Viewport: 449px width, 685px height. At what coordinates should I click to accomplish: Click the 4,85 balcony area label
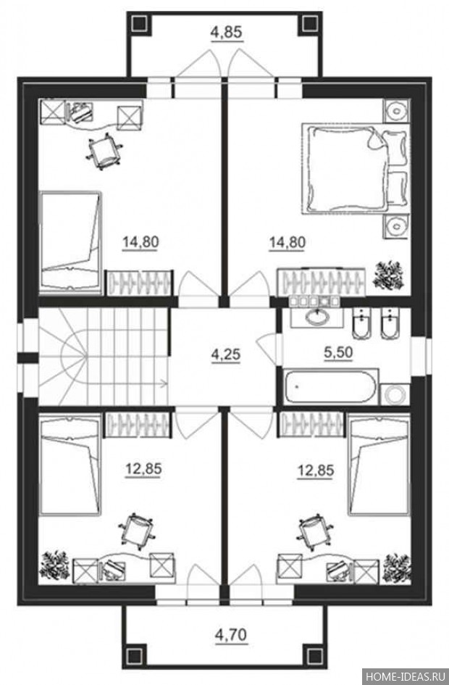(x=226, y=33)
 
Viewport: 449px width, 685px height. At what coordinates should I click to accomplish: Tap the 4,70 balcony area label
(x=231, y=633)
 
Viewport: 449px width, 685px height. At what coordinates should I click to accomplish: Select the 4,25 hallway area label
(x=226, y=354)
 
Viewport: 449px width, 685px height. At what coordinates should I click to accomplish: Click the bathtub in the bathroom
(x=331, y=387)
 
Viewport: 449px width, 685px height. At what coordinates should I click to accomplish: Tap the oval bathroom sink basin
(x=318, y=317)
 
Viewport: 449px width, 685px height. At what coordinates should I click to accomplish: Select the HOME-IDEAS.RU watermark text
(x=403, y=676)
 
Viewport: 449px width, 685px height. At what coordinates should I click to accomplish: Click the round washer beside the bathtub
(x=395, y=395)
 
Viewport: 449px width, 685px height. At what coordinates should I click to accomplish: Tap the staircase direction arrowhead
(x=164, y=383)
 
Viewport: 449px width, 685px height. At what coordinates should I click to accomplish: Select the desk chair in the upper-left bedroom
(x=104, y=151)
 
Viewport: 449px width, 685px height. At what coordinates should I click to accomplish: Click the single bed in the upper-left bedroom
(x=71, y=241)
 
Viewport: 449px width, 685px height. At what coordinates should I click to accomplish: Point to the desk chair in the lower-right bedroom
(x=313, y=531)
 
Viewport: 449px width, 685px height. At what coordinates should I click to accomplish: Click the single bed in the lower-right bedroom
(x=379, y=465)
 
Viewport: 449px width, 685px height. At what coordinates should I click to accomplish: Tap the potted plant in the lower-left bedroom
(x=54, y=565)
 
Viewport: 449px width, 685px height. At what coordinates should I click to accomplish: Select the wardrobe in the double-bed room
(x=322, y=281)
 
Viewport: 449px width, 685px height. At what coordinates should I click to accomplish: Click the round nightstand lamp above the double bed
(x=397, y=110)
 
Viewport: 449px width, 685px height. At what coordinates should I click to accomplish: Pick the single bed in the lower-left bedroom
(x=70, y=465)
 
